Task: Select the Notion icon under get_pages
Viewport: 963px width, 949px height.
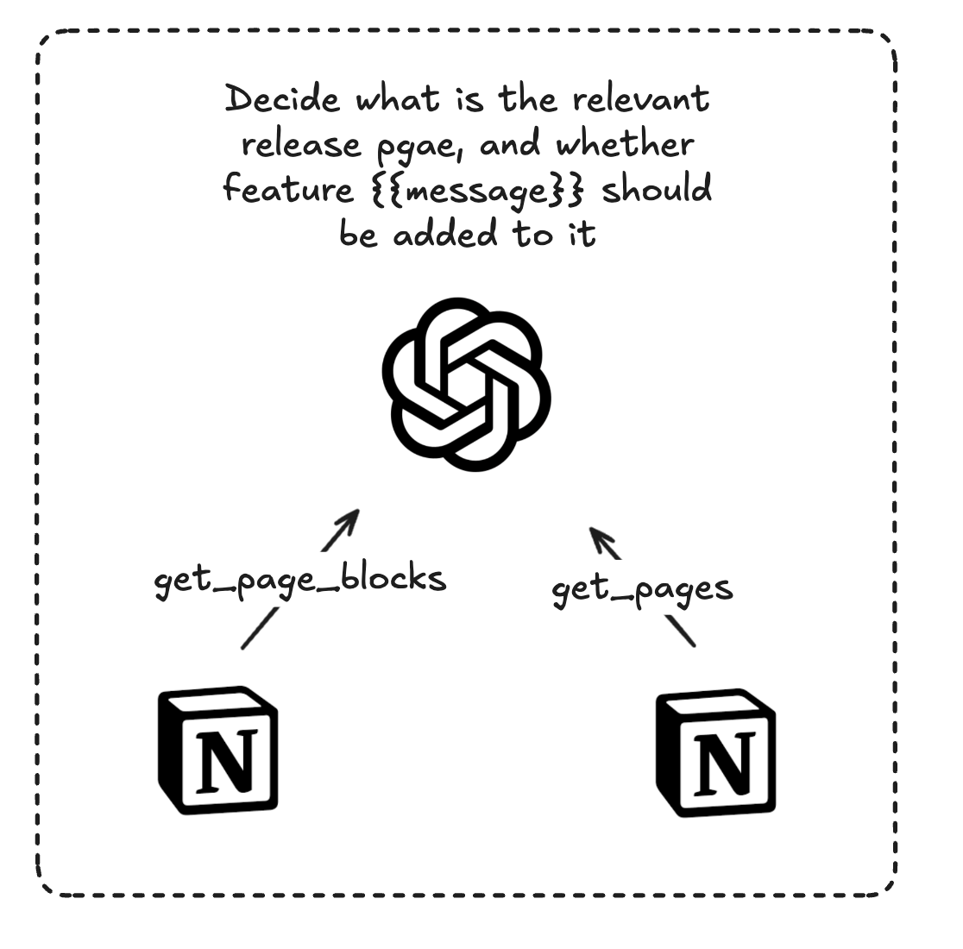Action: click(715, 752)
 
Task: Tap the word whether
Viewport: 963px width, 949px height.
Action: click(625, 144)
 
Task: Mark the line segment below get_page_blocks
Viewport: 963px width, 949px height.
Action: click(258, 628)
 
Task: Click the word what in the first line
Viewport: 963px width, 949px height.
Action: click(398, 100)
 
